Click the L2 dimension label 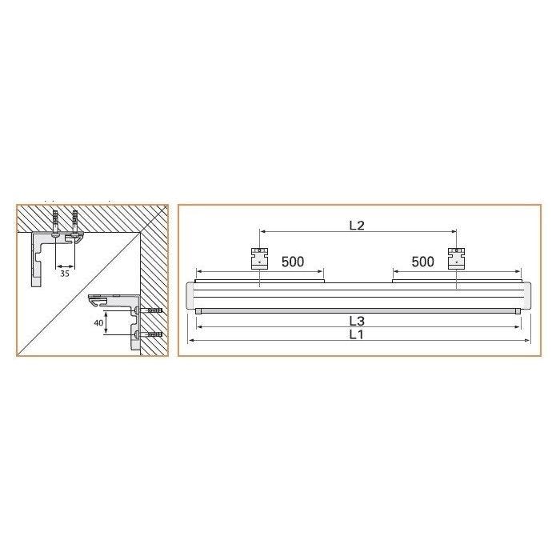tap(357, 226)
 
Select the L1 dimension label tap(357, 334)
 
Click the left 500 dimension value tap(293, 262)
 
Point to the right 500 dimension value tap(422, 262)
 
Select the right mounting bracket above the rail tap(455, 258)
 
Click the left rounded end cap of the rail tap(191, 297)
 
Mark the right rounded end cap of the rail tap(526, 297)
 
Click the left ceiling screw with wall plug tap(54, 223)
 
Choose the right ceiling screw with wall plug tap(74, 223)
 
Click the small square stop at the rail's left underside tap(198, 311)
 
